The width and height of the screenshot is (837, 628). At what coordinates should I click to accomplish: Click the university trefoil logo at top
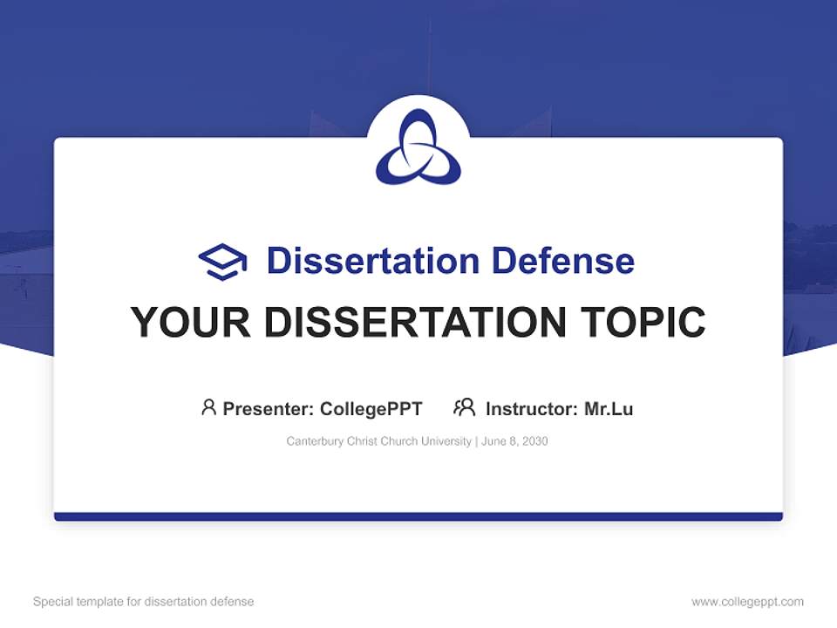click(x=418, y=147)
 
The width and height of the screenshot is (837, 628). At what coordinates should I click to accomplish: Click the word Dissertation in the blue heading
click(x=372, y=261)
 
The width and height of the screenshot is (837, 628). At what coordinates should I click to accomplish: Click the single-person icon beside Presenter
click(x=208, y=407)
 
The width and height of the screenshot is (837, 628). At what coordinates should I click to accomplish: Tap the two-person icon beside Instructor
click(x=464, y=407)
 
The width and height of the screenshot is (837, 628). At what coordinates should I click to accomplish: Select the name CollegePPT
click(x=371, y=408)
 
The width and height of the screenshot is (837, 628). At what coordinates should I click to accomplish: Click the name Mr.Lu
click(x=609, y=408)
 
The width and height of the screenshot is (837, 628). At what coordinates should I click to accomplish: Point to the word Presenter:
click(x=269, y=408)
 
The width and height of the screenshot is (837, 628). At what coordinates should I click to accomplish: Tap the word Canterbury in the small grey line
click(x=315, y=441)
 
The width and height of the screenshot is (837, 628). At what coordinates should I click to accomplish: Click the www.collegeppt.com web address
click(x=747, y=602)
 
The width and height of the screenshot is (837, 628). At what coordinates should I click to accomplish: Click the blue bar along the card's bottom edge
click(x=418, y=516)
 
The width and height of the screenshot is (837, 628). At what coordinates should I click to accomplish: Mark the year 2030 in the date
click(x=534, y=441)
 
